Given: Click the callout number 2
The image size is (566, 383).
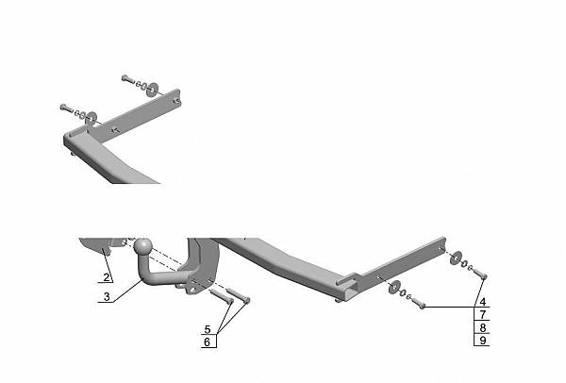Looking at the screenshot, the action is [x=106, y=277].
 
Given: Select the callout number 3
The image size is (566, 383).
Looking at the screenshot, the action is [x=107, y=297].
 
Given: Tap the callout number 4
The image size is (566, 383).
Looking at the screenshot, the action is [x=483, y=302].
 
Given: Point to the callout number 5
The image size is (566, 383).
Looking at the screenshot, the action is [x=208, y=329].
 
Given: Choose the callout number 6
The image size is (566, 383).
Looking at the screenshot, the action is [x=207, y=341].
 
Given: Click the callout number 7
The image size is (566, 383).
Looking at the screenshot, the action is [x=483, y=315].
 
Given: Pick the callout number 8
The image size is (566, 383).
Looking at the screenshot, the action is [x=483, y=327].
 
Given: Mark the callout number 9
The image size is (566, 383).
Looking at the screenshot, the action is [x=483, y=340].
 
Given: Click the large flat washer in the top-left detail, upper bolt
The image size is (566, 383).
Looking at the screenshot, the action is [x=152, y=90].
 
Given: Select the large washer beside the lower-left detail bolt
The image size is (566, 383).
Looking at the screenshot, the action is [x=91, y=119].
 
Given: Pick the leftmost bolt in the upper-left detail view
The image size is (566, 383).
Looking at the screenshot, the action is [x=67, y=108].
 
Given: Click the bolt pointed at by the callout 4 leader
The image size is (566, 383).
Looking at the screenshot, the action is [x=479, y=274].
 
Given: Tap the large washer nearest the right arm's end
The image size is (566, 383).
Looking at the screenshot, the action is [x=456, y=258].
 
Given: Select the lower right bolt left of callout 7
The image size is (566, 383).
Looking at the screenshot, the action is [x=418, y=303].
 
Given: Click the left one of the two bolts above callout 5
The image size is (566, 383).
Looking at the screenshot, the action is [x=222, y=296].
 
